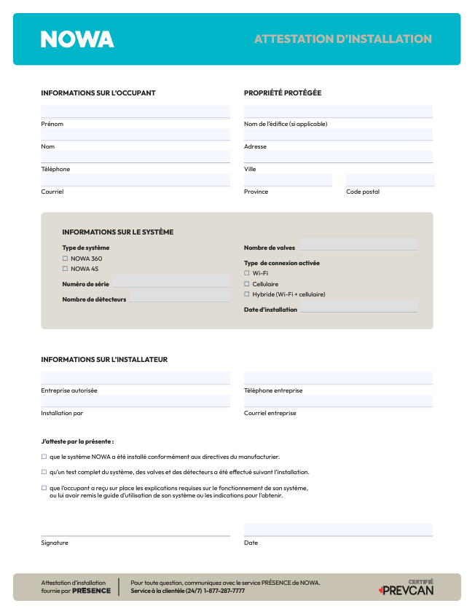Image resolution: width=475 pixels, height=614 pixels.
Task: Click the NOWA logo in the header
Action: click(77, 39)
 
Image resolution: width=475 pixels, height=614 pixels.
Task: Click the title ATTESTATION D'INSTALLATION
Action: click(342, 39)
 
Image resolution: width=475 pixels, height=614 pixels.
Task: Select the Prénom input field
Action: click(136, 111)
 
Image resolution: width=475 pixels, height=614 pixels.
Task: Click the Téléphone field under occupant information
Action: click(136, 157)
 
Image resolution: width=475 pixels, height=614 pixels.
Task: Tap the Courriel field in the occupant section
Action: click(136, 180)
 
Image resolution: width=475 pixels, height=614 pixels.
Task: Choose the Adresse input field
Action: click(338, 135)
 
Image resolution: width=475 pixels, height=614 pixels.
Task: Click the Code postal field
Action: click(390, 180)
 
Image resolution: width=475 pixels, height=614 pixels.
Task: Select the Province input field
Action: click(288, 180)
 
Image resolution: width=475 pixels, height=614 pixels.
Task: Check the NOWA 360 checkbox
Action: click(65, 259)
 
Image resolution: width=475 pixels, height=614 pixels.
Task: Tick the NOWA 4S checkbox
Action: click(65, 269)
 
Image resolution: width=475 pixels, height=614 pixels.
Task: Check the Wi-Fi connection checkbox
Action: click(247, 273)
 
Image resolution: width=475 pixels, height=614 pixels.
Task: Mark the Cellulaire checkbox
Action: click(247, 284)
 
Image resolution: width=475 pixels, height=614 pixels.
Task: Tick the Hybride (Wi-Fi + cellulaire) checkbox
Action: click(247, 294)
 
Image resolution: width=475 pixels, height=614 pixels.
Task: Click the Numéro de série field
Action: click(170, 282)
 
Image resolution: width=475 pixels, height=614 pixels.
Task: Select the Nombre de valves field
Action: click(358, 245)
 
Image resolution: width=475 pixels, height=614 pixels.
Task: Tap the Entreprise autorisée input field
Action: click(136, 378)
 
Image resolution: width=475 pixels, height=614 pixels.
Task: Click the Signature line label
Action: click(55, 543)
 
